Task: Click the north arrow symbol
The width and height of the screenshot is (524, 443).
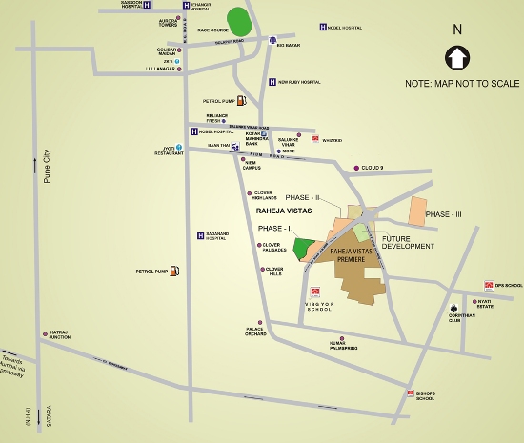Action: tap(456, 58)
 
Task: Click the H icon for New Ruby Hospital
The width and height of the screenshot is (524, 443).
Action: tap(272, 82)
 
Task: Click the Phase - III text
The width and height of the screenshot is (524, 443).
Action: tap(444, 214)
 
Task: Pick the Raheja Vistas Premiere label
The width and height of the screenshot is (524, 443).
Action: tap(354, 254)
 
